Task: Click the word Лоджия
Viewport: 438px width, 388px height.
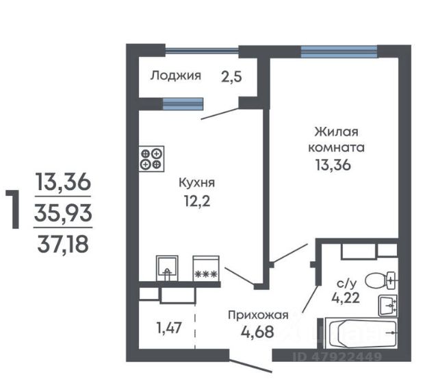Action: point(175,75)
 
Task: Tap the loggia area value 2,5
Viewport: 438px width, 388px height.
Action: point(231,77)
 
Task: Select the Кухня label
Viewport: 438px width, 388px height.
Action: point(196,183)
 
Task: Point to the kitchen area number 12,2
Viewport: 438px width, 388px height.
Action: point(197,201)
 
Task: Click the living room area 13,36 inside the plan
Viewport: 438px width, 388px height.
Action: point(333,165)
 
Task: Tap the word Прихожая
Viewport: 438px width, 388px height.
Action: point(258,315)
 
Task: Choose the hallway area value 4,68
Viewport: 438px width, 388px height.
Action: point(257,332)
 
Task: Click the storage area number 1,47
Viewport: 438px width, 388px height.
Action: point(169,328)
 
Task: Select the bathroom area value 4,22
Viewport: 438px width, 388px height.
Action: point(346,298)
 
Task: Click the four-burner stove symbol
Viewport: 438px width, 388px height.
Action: point(151,158)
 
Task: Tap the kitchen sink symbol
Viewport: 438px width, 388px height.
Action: point(167,268)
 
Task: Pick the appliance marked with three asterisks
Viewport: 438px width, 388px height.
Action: point(206,268)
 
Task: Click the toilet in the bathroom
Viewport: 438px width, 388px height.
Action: point(381,280)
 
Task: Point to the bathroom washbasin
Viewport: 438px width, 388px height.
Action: point(388,306)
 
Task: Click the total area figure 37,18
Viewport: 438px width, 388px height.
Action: point(63,244)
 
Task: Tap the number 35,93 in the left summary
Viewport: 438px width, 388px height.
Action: point(63,213)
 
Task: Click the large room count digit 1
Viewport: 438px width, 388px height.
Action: point(14,209)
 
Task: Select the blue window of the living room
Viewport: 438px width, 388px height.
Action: point(339,52)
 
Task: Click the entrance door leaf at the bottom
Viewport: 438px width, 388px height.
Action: point(250,366)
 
